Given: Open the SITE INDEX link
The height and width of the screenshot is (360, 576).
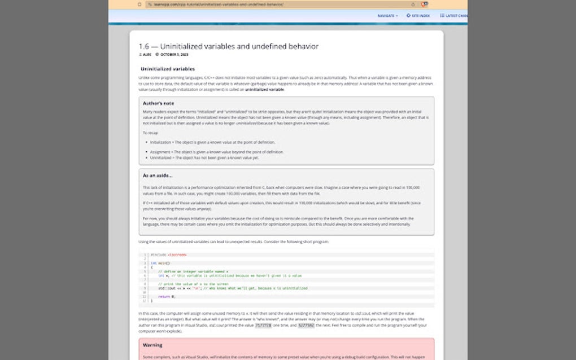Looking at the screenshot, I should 418,16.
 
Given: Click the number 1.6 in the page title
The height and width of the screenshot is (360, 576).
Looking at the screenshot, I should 145,46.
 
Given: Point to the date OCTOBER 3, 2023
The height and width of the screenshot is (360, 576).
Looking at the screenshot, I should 173,55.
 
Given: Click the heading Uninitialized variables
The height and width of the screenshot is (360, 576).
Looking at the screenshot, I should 168,69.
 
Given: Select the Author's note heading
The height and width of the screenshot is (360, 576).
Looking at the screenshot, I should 158,103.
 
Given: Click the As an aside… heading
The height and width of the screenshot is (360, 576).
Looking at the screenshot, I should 158,175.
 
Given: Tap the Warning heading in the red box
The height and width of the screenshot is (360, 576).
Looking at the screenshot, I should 152,345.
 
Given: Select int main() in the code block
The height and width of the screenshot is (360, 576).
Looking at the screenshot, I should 160,263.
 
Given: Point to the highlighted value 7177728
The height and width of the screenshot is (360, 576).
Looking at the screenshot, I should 263,326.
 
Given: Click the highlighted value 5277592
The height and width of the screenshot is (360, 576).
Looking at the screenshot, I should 306,326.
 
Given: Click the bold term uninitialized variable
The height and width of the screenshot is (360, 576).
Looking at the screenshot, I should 264,89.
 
